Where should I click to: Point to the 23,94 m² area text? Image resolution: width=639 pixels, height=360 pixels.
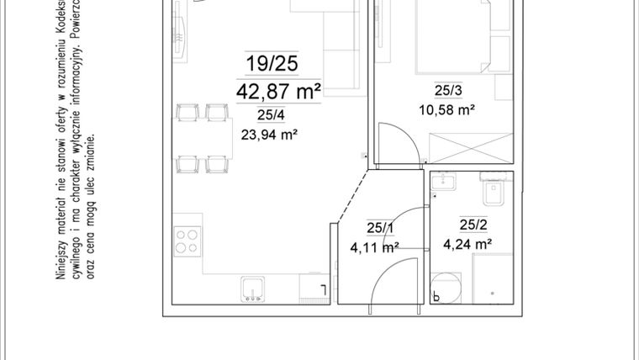(x=271, y=133)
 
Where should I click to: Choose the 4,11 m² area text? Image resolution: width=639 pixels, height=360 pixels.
(x=374, y=246)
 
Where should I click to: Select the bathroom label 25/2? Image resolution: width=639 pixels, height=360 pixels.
(x=473, y=224)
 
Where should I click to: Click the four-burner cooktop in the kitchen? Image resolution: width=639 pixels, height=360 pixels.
(x=188, y=242)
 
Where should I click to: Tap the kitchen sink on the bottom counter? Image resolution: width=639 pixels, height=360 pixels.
(x=251, y=290)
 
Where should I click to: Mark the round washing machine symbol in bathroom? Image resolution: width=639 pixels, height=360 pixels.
(x=443, y=288)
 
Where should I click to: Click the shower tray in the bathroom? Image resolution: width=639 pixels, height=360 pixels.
(x=493, y=278)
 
